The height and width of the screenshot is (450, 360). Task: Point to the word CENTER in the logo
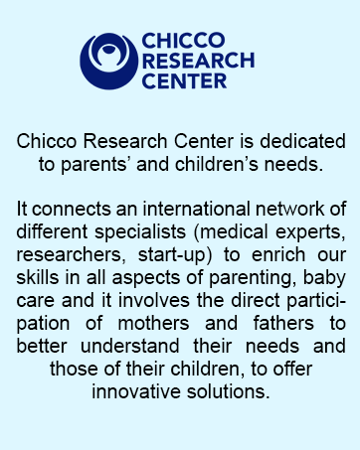(184, 79)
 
